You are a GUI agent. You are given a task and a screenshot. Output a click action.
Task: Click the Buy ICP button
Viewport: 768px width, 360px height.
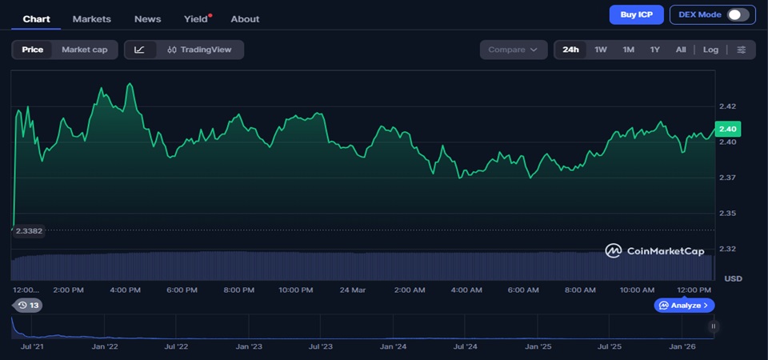pyautogui.click(x=636, y=14)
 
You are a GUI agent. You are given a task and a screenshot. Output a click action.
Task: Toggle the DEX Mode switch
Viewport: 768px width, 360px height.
pyautogui.click(x=738, y=14)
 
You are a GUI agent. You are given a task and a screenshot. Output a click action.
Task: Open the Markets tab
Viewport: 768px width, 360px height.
pyautogui.click(x=91, y=18)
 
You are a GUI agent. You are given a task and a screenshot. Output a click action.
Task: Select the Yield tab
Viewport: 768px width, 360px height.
pyautogui.click(x=196, y=18)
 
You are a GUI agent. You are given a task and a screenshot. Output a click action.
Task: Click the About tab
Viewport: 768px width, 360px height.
pyautogui.click(x=245, y=18)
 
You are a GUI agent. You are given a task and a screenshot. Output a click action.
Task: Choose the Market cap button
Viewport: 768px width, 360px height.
pyautogui.click(x=84, y=50)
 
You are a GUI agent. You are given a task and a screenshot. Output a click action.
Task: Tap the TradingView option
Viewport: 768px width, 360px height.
pyautogui.click(x=199, y=50)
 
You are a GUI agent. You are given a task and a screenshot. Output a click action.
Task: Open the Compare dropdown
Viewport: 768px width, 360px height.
pyautogui.click(x=513, y=50)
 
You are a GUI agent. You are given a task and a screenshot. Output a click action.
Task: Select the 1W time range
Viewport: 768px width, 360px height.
pyautogui.click(x=601, y=50)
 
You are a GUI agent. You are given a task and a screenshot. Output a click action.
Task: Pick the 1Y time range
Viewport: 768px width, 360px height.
pyautogui.click(x=654, y=50)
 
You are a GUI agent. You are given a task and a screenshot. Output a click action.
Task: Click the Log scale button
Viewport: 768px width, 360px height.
pyautogui.click(x=710, y=50)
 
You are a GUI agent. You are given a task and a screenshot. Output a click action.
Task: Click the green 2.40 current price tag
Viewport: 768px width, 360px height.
pyautogui.click(x=728, y=129)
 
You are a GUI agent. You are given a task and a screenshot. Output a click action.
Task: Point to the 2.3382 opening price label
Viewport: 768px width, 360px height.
pyautogui.click(x=29, y=230)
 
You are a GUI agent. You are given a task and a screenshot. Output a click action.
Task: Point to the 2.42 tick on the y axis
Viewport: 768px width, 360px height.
pyautogui.click(x=727, y=106)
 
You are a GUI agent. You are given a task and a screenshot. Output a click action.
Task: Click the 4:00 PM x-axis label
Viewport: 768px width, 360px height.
pyautogui.click(x=125, y=290)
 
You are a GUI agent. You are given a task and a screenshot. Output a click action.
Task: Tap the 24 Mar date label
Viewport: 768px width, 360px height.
pyautogui.click(x=352, y=290)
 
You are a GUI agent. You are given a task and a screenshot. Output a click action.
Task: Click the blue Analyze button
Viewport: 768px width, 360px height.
pyautogui.click(x=684, y=305)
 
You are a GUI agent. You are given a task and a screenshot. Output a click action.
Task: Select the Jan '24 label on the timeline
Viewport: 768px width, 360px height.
pyautogui.click(x=393, y=346)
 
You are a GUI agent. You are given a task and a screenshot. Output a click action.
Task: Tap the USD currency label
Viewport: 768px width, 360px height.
pyautogui.click(x=732, y=278)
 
